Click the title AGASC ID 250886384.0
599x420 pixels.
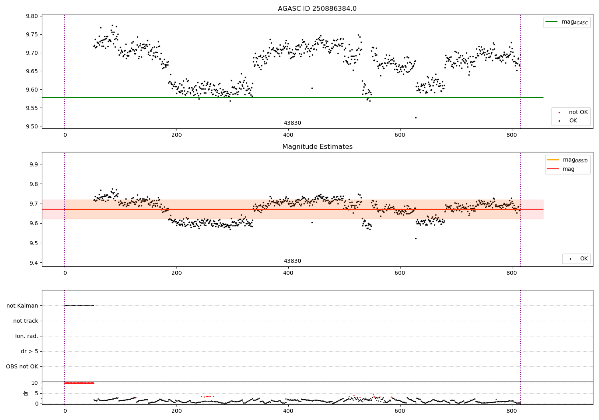317,9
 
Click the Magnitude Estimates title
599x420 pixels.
317,147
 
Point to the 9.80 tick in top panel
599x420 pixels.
32,16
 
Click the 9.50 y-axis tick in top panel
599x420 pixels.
32,126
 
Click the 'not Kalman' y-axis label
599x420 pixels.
22,306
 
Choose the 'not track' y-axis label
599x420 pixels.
26,321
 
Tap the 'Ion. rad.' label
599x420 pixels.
27,336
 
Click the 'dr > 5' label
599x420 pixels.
30,351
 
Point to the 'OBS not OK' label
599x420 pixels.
22,366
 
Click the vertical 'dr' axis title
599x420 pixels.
26,393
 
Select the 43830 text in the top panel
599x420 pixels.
292,123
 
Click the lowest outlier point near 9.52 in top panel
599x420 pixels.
416,118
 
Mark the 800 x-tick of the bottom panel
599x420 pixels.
512,411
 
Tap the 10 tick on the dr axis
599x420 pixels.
35,383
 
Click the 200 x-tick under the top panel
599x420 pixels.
177,135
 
